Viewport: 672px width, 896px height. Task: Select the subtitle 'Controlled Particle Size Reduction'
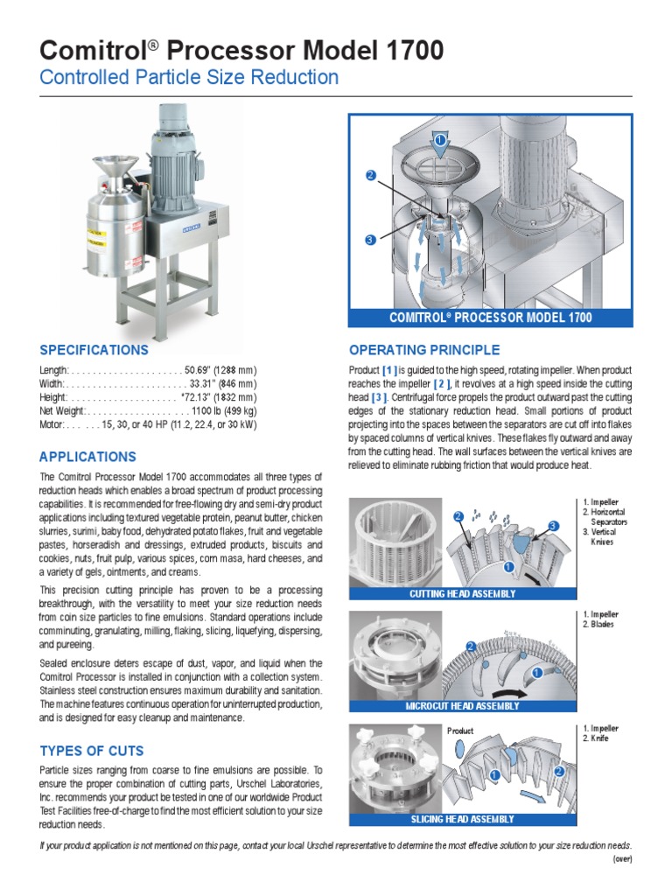189,77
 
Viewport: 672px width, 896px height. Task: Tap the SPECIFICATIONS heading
94,350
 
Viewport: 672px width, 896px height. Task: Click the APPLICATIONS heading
87,457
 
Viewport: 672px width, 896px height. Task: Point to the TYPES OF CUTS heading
92,751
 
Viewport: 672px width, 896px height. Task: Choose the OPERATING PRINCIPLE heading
424,350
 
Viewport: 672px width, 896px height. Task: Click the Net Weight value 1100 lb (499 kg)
224,410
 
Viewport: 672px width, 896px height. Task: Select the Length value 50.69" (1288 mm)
220,370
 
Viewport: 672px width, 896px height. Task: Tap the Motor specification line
148,424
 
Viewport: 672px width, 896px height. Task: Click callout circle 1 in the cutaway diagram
440,140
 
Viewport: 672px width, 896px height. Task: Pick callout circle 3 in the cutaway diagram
370,240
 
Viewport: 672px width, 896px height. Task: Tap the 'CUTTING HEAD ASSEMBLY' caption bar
462,593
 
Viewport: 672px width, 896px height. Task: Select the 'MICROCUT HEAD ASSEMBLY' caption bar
462,706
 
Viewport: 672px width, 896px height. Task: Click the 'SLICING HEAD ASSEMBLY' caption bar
462,819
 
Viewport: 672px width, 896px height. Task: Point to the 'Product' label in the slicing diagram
460,731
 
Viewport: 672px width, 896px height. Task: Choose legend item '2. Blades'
598,625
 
